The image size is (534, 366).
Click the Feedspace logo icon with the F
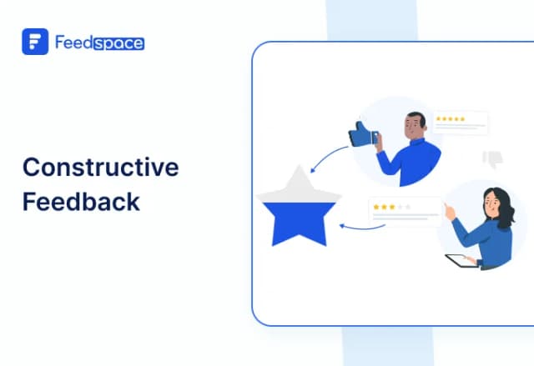click(35, 42)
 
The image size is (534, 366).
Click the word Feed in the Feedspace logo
click(73, 42)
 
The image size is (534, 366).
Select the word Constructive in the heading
click(100, 167)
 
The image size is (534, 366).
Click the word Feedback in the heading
click(81, 202)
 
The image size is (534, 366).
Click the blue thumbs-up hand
click(361, 133)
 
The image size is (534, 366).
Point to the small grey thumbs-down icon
click(492, 158)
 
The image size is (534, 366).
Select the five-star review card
click(460, 123)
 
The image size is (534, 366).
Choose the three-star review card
click(405, 211)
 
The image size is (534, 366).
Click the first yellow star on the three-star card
click(376, 206)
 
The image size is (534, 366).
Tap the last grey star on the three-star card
click(409, 206)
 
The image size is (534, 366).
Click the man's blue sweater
click(409, 160)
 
